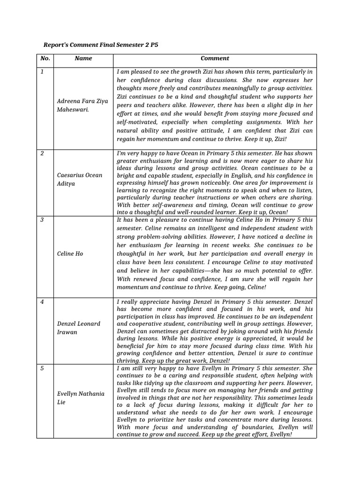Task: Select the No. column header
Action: tap(45, 59)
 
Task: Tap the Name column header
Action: tap(83, 59)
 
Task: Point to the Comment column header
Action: tap(215, 59)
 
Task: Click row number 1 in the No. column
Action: tap(42, 72)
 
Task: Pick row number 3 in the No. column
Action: tap(42, 219)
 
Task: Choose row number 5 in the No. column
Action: tap(42, 368)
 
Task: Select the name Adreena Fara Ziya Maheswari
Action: tap(82, 105)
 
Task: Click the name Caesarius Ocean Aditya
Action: tap(79, 180)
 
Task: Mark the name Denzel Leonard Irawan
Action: tap(78, 328)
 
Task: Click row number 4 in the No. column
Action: tap(42, 302)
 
